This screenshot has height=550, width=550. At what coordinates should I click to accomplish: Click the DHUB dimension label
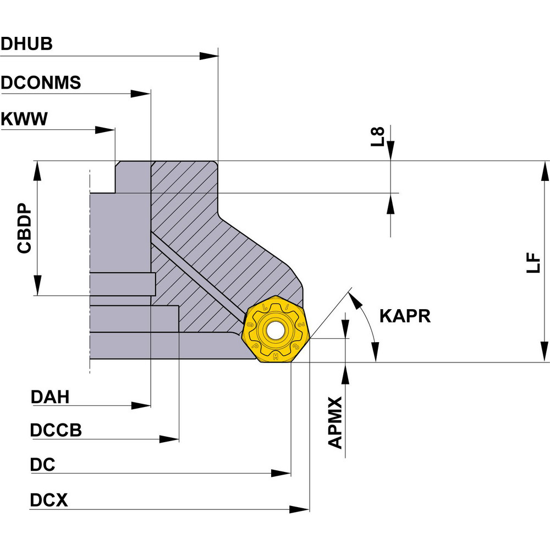click(26, 44)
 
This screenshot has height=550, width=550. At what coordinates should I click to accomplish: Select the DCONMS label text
click(41, 82)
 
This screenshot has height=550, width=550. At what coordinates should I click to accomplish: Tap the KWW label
click(24, 118)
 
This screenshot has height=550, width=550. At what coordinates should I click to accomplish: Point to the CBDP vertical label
click(24, 231)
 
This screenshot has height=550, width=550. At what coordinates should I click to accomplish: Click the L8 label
click(377, 136)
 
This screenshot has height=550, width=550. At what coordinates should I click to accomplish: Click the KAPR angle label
click(405, 316)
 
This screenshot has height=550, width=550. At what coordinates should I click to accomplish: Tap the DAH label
click(50, 397)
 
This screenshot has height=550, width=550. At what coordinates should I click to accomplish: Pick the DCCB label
click(56, 430)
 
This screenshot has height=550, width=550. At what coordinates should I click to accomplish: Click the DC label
click(42, 465)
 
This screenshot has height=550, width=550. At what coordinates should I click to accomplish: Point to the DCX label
click(48, 501)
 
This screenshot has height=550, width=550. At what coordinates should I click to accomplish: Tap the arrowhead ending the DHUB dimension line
click(209, 56)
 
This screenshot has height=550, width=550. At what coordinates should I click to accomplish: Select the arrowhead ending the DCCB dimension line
click(169, 439)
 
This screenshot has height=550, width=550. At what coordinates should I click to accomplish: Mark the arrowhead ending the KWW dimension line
click(105, 130)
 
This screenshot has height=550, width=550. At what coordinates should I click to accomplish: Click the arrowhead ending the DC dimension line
click(281, 473)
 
